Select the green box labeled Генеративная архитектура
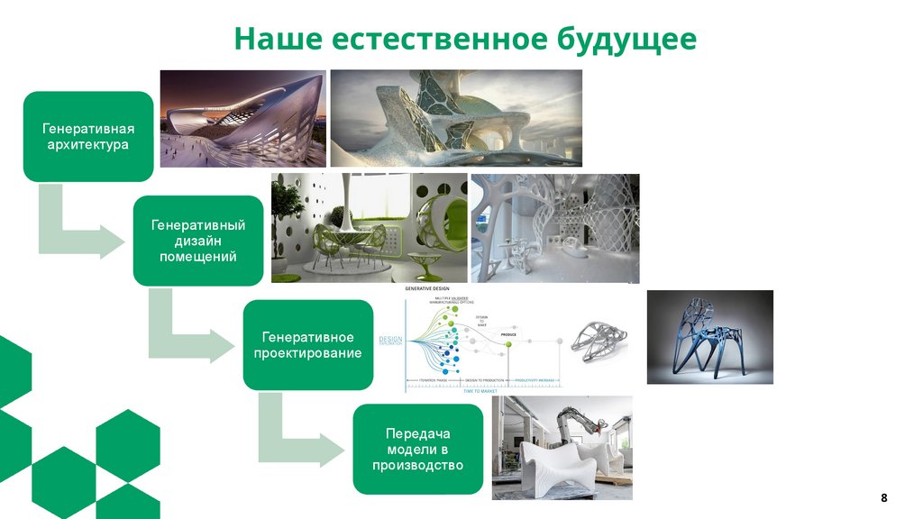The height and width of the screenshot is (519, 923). (x=88, y=134)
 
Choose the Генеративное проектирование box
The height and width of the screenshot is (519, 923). (x=307, y=344)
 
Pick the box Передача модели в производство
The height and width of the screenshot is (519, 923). (x=417, y=449)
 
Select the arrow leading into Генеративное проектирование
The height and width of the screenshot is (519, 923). (x=189, y=337)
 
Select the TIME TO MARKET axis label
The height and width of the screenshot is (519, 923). (x=481, y=388)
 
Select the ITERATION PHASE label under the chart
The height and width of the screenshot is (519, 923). (x=426, y=381)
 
